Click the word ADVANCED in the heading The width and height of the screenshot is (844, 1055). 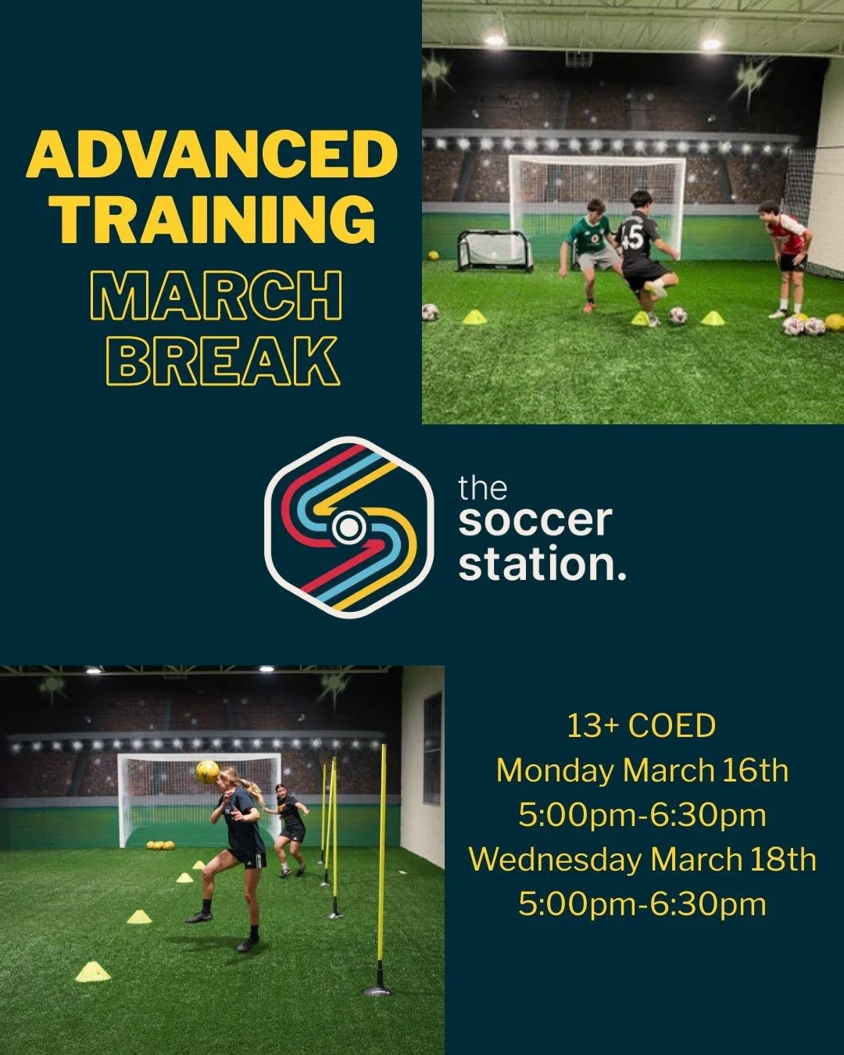click(211, 155)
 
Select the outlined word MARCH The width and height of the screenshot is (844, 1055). click(216, 297)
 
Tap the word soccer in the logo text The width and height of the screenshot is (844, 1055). click(535, 521)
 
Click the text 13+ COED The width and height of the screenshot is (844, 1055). click(641, 726)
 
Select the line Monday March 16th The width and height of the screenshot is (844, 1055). click(642, 771)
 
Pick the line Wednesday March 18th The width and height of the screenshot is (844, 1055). click(642, 860)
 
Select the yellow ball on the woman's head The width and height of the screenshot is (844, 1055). click(208, 771)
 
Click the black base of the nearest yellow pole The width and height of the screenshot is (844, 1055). click(379, 989)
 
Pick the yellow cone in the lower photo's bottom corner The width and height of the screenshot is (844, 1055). click(93, 971)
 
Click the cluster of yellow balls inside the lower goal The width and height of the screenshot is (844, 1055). click(159, 845)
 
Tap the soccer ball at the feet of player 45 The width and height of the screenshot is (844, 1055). click(678, 316)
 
